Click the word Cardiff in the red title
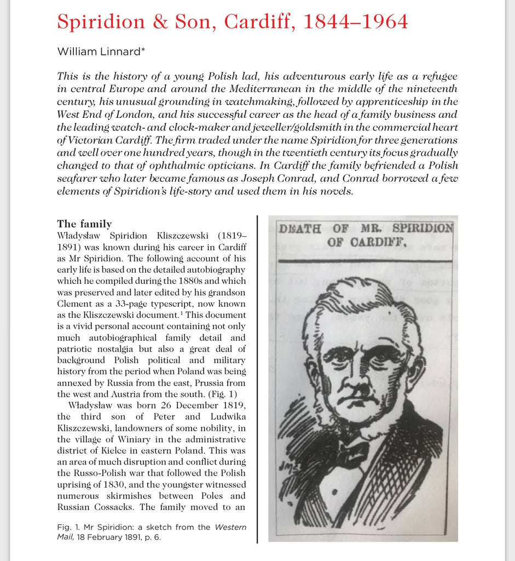257,21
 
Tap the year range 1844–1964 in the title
355,21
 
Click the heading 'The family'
84,224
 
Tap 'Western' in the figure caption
230,527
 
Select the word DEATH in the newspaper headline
300,228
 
